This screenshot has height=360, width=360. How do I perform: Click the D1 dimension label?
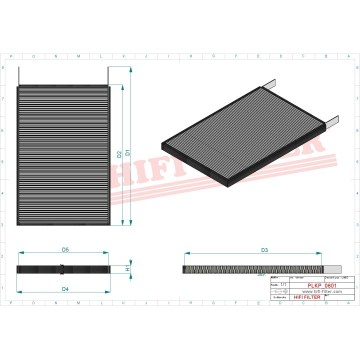(128, 152)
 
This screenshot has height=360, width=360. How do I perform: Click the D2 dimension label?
(120, 154)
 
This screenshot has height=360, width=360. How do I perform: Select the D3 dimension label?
(264, 249)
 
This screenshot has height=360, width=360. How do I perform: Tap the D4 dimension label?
(65, 289)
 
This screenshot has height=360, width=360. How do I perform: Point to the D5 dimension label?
(65, 249)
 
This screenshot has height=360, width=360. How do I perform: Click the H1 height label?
(128, 268)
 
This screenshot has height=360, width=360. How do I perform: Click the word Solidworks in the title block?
(278, 297)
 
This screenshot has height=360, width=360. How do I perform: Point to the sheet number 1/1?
(283, 284)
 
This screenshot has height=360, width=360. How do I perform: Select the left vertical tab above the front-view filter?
(18, 76)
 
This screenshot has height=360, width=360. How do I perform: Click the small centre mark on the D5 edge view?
(62, 269)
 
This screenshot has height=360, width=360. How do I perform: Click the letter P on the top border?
(11, 56)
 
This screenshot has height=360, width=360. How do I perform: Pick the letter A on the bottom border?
(348, 303)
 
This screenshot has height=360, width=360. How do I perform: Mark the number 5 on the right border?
(356, 162)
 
